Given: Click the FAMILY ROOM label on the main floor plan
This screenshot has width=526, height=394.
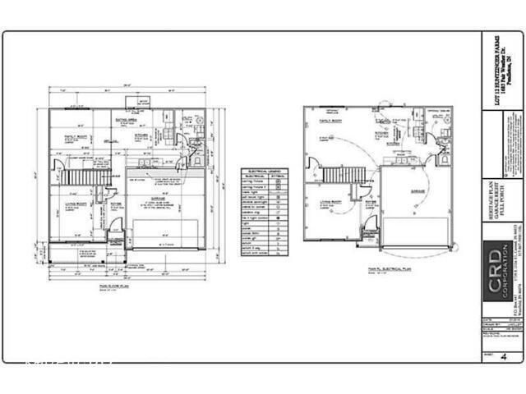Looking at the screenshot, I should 76,137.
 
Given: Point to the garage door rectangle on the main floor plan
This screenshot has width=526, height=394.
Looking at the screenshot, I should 165,232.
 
